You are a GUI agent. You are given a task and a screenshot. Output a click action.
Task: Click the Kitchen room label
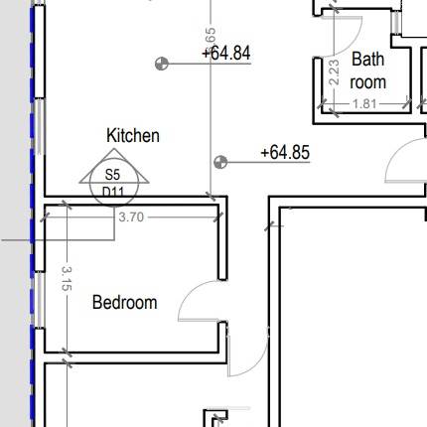[133, 135]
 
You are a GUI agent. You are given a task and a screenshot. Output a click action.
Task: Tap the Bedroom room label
[124, 302]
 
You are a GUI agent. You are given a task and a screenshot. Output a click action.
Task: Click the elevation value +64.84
[225, 53]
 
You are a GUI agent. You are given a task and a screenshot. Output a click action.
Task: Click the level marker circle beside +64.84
[161, 65]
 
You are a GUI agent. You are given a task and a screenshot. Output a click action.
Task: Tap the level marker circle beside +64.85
[220, 161]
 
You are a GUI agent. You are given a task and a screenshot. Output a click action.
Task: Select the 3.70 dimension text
[130, 214]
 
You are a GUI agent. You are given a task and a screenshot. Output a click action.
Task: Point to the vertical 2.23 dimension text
[334, 72]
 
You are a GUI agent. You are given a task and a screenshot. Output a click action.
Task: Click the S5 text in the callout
[111, 175]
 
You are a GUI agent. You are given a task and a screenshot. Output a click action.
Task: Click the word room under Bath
[366, 82]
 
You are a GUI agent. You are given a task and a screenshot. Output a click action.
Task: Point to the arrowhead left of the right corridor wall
[269, 225]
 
